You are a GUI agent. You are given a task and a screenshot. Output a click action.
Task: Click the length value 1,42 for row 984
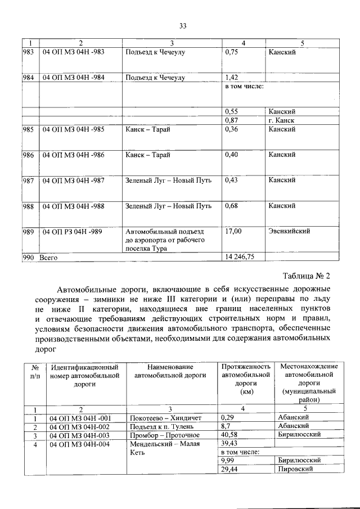[x=232, y=78]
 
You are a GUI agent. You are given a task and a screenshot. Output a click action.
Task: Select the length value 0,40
[x=232, y=155]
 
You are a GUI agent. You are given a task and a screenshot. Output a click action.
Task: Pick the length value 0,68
[x=232, y=206]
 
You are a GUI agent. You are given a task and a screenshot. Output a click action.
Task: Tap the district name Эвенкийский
[x=289, y=231]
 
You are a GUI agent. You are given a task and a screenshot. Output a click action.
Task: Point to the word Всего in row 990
[x=48, y=256]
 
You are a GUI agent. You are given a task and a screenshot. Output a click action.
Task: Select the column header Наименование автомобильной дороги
[x=168, y=371]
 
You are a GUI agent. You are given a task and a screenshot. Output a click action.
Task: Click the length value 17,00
[x=233, y=231]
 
